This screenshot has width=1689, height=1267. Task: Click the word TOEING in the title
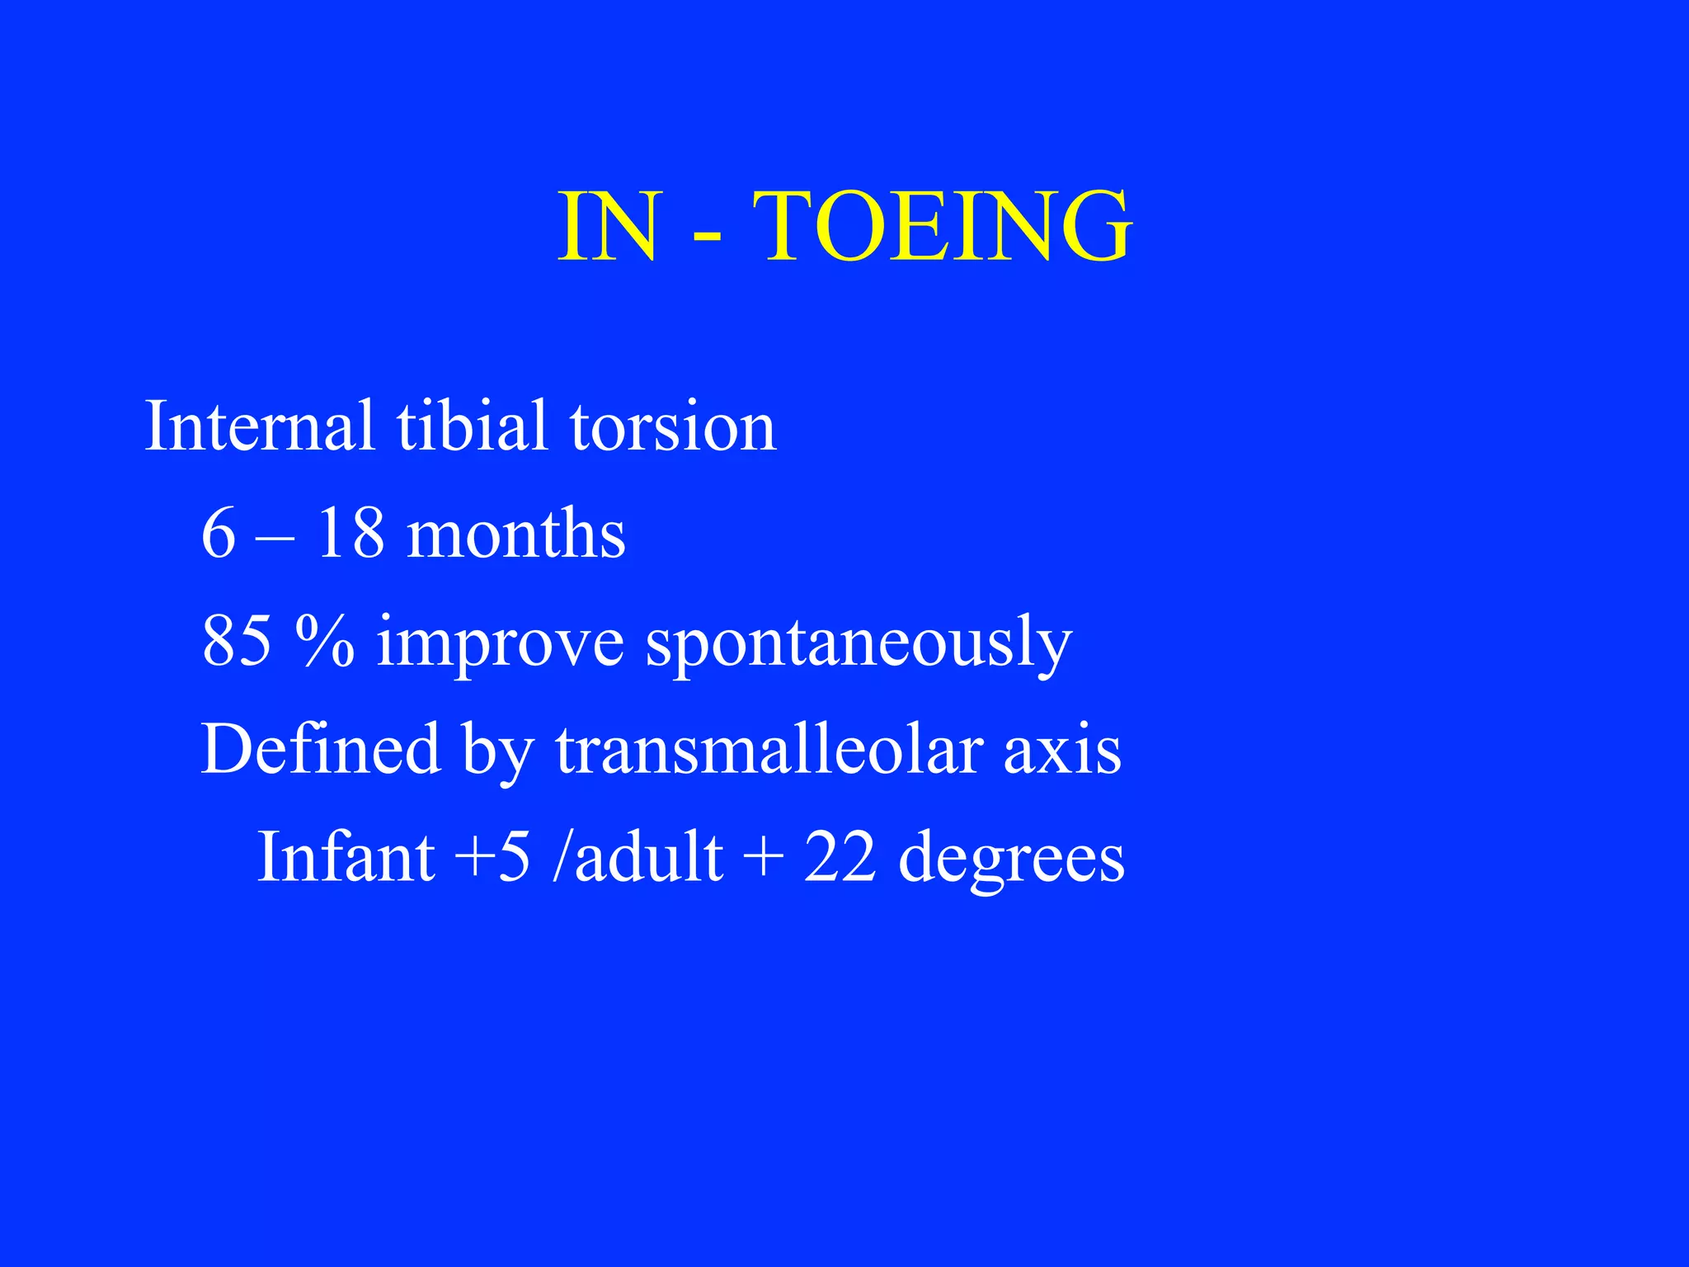(x=942, y=226)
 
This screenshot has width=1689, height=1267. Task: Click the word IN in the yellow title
(x=609, y=226)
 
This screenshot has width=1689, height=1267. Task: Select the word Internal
(x=259, y=426)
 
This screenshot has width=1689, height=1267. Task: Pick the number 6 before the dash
(x=219, y=534)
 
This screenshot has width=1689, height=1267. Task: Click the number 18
(x=351, y=534)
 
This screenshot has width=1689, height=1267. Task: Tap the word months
(x=516, y=534)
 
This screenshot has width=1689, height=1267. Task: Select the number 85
(x=236, y=641)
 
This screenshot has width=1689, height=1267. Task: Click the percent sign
(x=325, y=641)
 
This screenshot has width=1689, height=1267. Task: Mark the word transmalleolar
(x=769, y=749)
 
